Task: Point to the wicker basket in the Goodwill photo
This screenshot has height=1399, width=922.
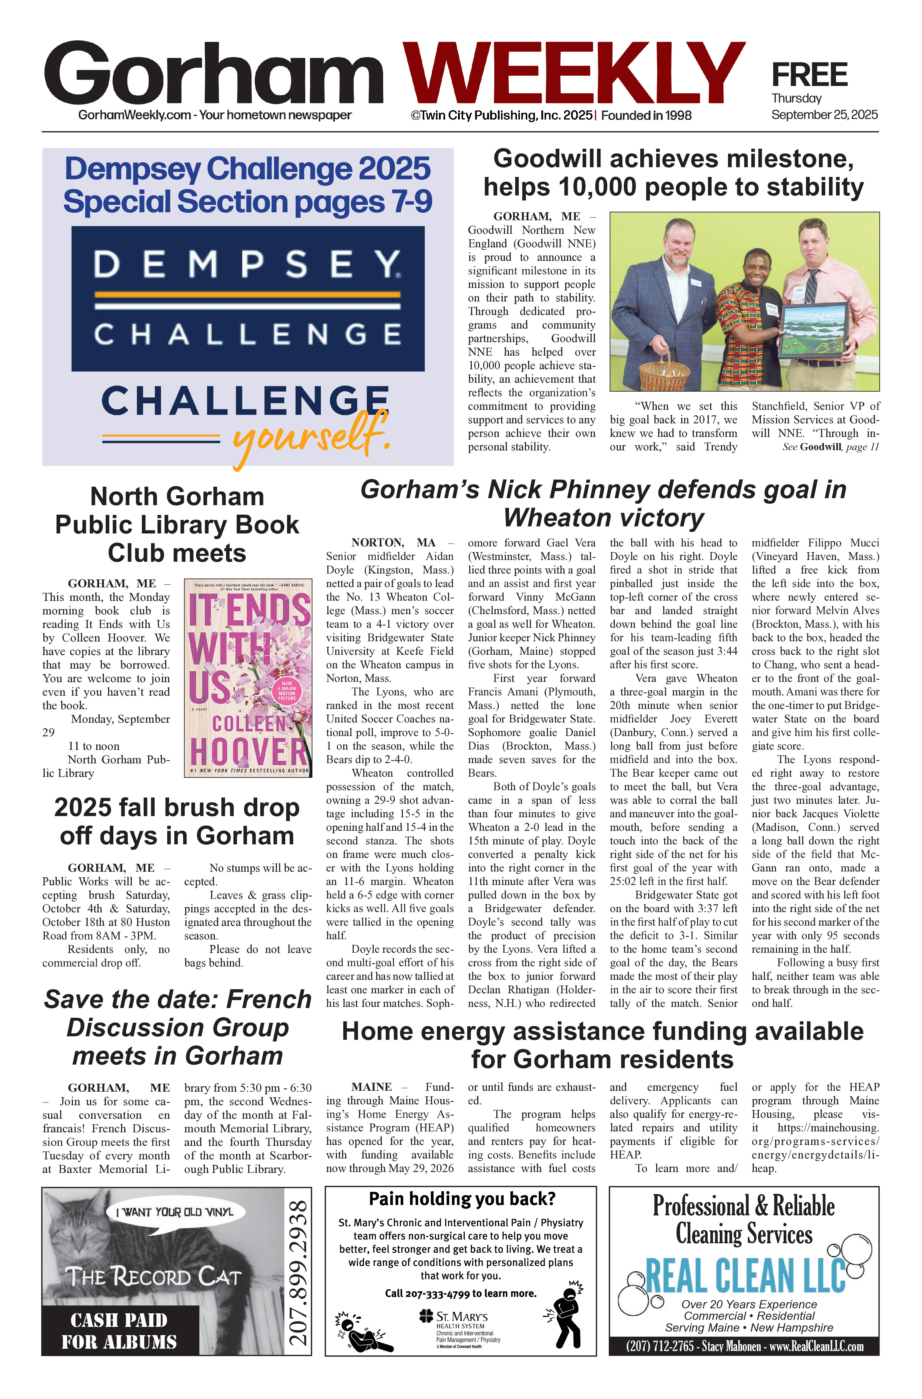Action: (664, 372)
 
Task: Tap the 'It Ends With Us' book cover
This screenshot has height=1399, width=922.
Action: (248, 677)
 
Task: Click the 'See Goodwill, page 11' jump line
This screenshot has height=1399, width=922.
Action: (830, 447)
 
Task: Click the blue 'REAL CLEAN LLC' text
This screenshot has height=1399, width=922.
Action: (744, 1276)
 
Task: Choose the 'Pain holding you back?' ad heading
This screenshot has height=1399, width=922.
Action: (462, 1199)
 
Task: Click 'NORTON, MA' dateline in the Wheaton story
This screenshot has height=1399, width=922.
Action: (393, 542)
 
